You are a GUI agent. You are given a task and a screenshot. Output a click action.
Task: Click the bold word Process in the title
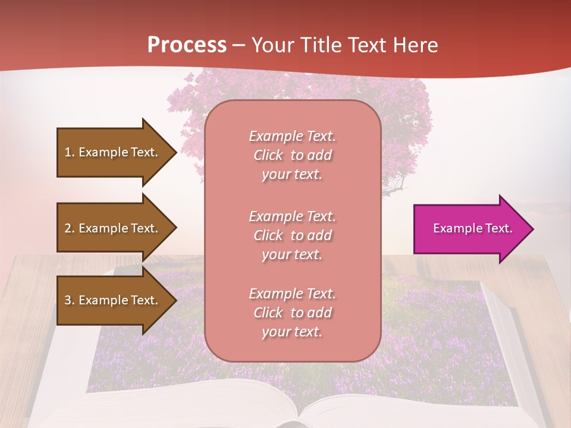coord(187,45)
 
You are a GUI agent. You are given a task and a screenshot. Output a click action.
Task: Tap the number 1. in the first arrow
coord(70,152)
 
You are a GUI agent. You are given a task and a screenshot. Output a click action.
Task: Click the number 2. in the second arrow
coord(70,228)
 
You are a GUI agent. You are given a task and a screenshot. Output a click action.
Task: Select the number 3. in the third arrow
coord(70,300)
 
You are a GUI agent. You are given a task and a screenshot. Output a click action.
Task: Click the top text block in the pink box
coord(292,155)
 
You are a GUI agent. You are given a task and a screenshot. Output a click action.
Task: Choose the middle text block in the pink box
coord(292,235)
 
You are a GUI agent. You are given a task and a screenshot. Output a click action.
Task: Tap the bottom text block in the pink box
coord(292,313)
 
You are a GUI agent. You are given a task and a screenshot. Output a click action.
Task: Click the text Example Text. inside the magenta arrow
coord(472,229)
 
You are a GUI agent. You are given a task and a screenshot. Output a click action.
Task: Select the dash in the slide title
coord(239,46)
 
